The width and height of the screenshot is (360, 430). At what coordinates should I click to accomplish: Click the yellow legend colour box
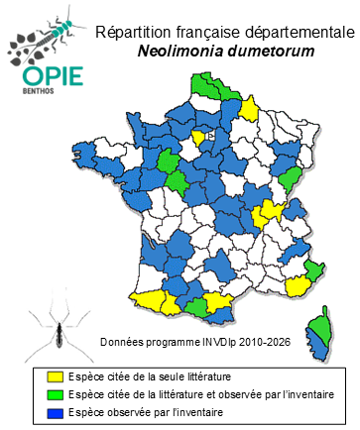click(56, 376)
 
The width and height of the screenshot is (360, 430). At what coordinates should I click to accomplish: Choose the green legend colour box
click(56, 395)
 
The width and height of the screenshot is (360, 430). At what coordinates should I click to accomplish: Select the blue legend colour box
click(56, 412)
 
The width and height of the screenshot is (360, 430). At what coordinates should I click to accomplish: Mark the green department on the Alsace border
click(292, 177)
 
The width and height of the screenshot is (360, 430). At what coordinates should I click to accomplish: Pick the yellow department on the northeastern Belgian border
click(250, 107)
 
